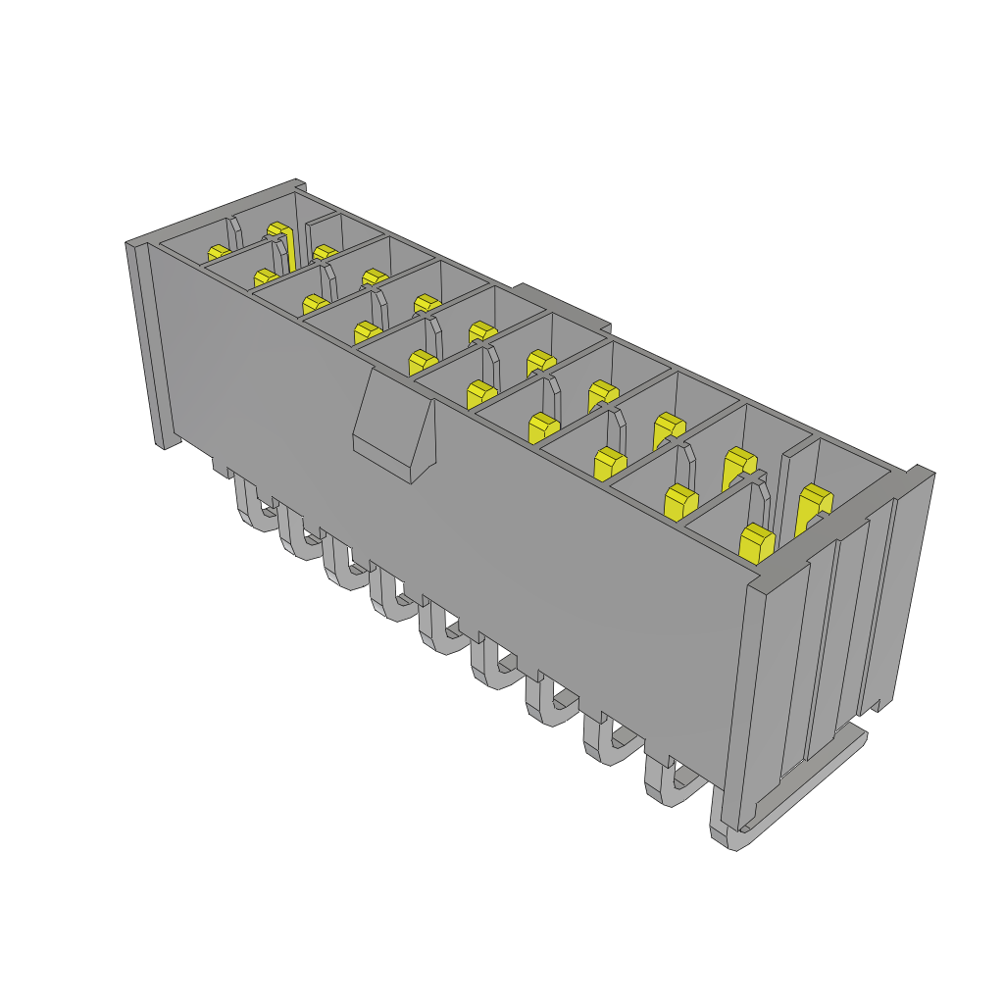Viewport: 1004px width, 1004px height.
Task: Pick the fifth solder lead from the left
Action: pos(439,633)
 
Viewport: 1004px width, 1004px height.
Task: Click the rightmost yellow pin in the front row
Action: pos(756,543)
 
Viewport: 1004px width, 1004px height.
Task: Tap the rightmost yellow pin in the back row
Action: pos(814,503)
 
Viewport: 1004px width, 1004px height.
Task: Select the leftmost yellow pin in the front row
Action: pos(218,255)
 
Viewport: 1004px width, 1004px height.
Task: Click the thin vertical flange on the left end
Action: pos(147,343)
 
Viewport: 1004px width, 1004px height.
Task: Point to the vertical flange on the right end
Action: pos(907,588)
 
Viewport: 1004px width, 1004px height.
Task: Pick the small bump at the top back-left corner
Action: pos(299,184)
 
